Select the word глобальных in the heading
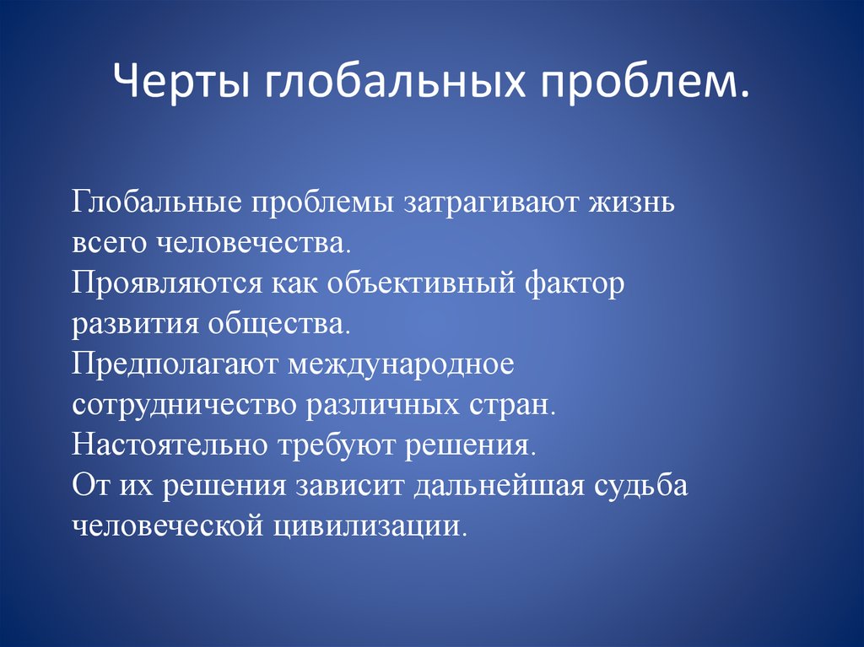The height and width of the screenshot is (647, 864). click(x=396, y=80)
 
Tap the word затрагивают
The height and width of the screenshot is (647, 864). click(x=493, y=202)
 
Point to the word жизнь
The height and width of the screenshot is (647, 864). click(x=633, y=202)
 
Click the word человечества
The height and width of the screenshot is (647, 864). click(x=255, y=243)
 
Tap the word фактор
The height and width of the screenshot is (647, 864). click(x=575, y=283)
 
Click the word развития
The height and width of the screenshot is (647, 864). click(x=135, y=324)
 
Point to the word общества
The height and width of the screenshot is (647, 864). click(x=278, y=324)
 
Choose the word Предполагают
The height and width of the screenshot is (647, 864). click(x=174, y=364)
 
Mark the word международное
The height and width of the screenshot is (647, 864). click(x=401, y=364)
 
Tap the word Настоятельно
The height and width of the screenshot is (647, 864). click(x=170, y=446)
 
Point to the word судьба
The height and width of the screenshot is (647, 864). click(x=641, y=485)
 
